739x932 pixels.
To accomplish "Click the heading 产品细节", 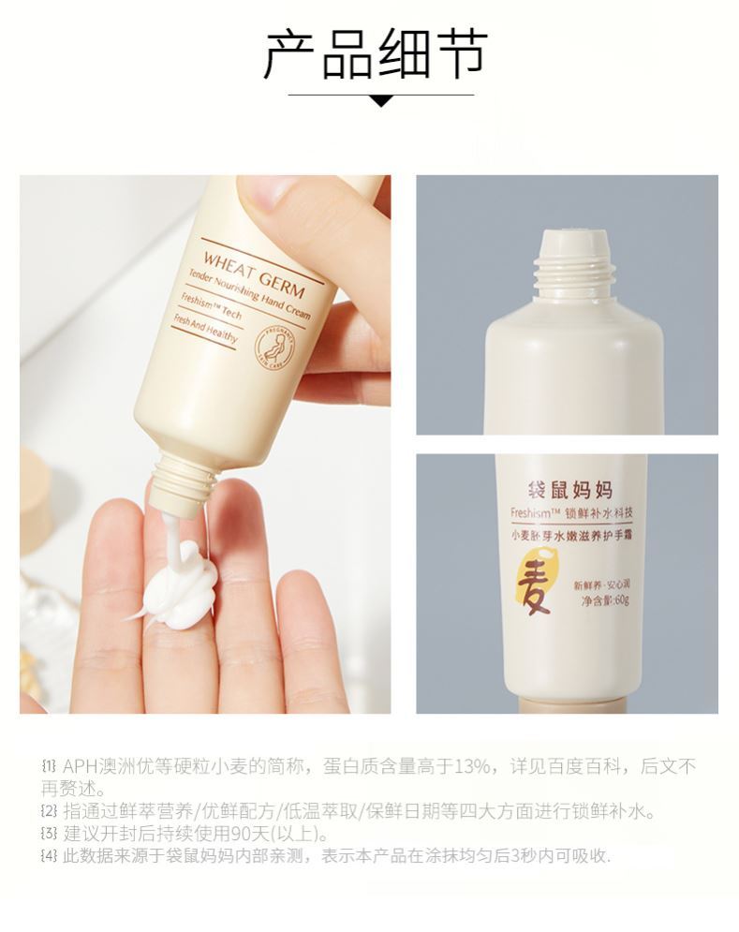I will click(376, 53).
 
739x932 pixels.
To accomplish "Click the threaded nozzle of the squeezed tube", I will click(178, 480).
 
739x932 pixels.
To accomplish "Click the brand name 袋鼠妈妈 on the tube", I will click(566, 490).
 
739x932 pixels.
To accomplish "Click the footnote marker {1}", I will click(50, 767).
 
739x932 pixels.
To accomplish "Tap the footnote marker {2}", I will click(50, 810).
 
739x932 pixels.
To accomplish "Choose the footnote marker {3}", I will click(50, 833).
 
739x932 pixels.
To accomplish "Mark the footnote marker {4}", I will click(50, 855).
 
